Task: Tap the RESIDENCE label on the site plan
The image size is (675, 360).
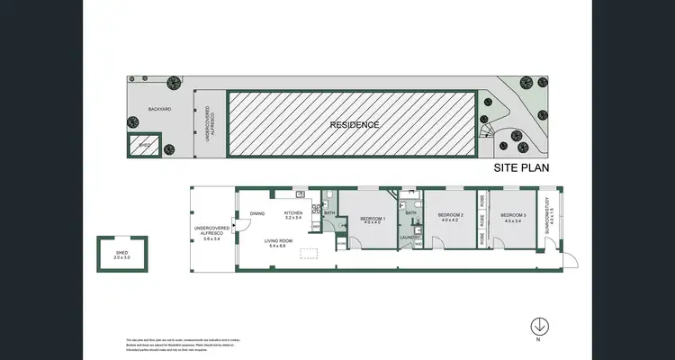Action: pyautogui.click(x=354, y=124)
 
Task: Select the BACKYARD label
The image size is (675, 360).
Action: pyautogui.click(x=160, y=109)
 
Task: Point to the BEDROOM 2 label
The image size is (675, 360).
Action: pyautogui.click(x=450, y=215)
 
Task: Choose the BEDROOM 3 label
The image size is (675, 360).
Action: pyautogui.click(x=513, y=215)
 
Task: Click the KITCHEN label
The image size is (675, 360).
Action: pyautogui.click(x=294, y=213)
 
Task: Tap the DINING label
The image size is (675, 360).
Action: pyautogui.click(x=257, y=213)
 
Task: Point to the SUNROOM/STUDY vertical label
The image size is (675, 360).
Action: pyautogui.click(x=548, y=216)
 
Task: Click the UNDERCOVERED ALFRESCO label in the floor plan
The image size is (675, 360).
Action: pyautogui.click(x=211, y=233)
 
